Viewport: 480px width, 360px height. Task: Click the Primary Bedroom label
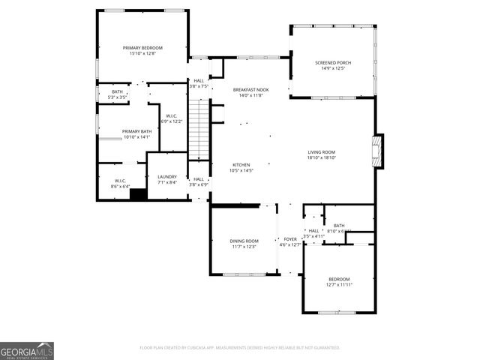click(142, 48)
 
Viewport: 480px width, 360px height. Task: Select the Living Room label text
click(321, 152)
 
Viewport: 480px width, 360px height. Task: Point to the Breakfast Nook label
click(250, 90)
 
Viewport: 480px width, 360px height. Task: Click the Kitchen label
click(241, 165)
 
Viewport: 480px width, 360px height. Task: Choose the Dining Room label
click(244, 241)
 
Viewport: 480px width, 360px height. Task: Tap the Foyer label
click(289, 239)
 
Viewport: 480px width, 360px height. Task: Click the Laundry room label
click(166, 177)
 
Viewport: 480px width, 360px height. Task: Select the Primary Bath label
click(136, 131)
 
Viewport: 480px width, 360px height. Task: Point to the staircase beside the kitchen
click(197, 131)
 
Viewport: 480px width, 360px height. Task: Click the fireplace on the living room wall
click(379, 150)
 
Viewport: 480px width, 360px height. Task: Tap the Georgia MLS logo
click(27, 350)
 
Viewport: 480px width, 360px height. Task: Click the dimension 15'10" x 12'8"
click(142, 53)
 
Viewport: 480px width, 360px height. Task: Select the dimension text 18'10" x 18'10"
click(321, 157)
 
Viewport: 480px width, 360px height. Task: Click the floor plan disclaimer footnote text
click(240, 348)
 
